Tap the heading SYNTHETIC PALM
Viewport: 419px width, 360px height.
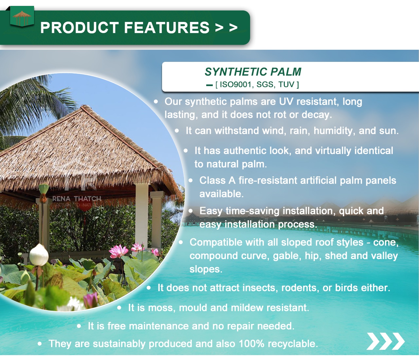coord(253,72)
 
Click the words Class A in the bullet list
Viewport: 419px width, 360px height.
coord(217,180)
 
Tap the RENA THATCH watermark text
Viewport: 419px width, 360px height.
coord(77,199)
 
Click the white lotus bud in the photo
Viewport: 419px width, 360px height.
coord(39,255)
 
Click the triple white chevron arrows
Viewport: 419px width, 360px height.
coord(385,341)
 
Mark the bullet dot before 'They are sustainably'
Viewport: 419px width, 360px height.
coord(40,344)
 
